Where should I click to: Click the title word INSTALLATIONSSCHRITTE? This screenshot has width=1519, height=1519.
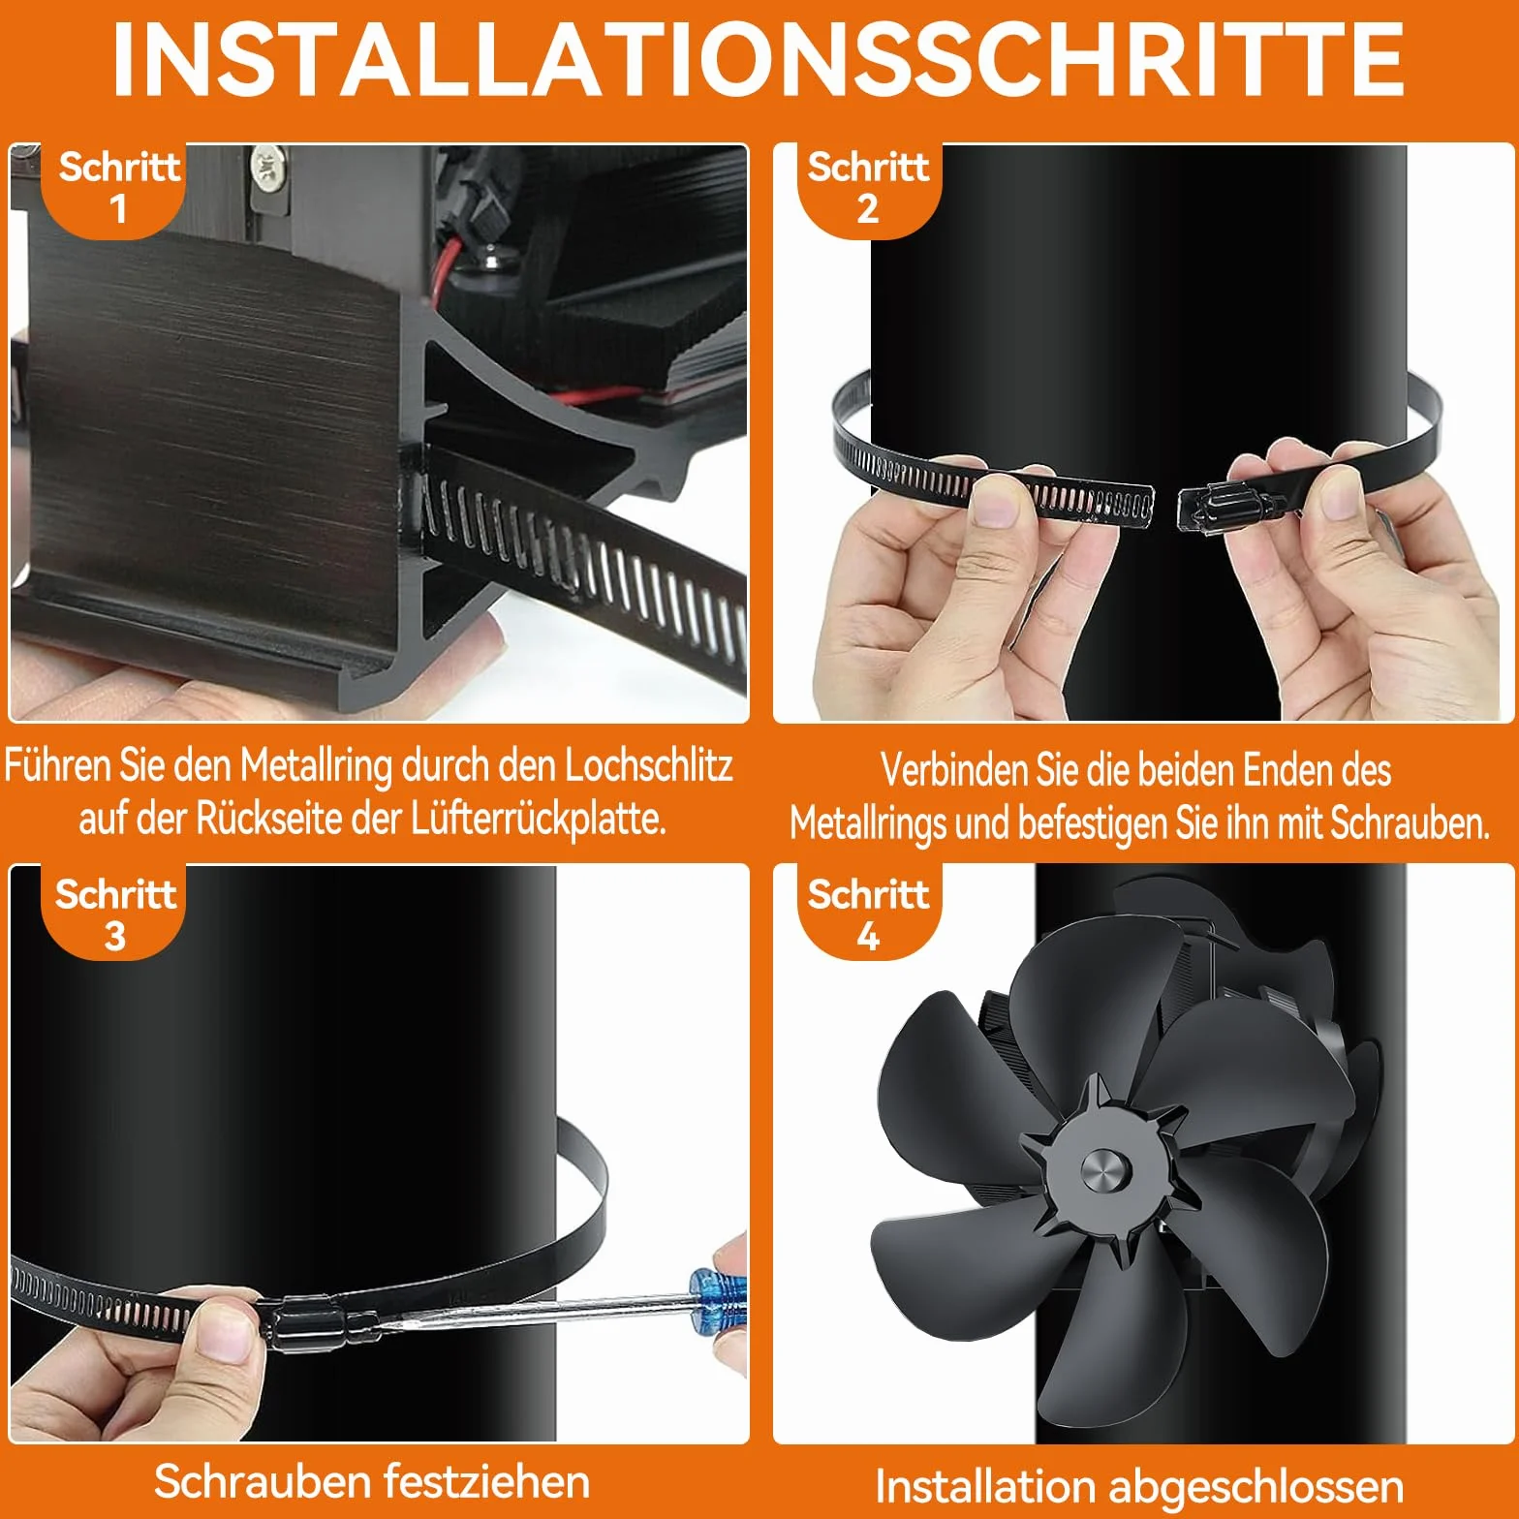(x=759, y=59)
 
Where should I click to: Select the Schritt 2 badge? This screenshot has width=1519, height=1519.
(x=868, y=190)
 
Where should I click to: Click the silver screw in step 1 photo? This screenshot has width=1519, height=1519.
(x=267, y=170)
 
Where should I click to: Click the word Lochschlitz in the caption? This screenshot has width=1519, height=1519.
(x=648, y=765)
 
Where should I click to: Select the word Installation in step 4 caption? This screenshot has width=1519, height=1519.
(x=985, y=1486)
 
